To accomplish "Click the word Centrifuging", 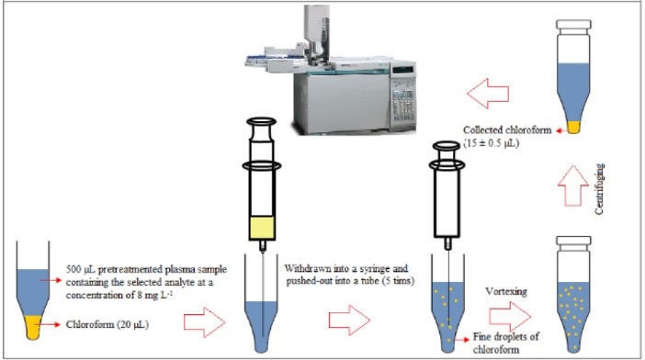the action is [x=599, y=188].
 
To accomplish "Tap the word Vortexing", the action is [x=506, y=291].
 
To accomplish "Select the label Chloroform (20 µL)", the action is [x=107, y=324].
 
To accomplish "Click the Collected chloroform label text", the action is [x=507, y=129].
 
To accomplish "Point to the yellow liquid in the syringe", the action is [x=262, y=228].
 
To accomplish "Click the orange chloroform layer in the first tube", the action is [x=33, y=327].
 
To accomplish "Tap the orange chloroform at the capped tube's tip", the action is [x=573, y=127].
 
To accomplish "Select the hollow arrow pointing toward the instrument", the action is [x=488, y=94].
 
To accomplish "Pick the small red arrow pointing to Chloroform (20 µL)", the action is [x=51, y=325].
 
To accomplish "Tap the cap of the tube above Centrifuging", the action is [x=573, y=25].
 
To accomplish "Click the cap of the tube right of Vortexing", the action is [x=573, y=242].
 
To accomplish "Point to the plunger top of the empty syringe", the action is [x=447, y=145].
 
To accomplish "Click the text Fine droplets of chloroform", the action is [x=505, y=343].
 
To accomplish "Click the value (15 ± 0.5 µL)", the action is [x=492, y=143].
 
